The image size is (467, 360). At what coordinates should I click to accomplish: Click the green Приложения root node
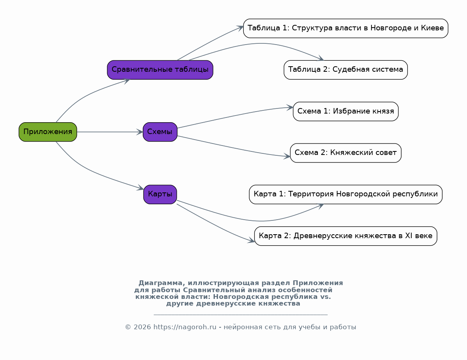click(x=48, y=132)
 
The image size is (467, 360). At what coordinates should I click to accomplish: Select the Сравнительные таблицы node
click(x=160, y=70)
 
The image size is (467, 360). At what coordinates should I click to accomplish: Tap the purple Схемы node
click(x=160, y=132)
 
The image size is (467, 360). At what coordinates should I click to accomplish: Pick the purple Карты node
click(x=160, y=194)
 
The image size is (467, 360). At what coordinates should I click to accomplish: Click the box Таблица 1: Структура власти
click(x=346, y=28)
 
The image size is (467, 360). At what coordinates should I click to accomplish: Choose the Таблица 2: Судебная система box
click(x=346, y=70)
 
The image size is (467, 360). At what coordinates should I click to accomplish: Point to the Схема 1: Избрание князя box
click(x=346, y=111)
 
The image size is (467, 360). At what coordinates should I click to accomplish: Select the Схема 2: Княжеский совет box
click(x=346, y=153)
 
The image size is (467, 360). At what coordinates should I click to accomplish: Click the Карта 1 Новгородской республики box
click(x=346, y=194)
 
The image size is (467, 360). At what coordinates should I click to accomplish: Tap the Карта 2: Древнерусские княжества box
click(x=346, y=236)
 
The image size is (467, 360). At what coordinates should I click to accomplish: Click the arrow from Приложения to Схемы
click(x=110, y=132)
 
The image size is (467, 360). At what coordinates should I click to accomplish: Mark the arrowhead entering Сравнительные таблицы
click(x=127, y=80)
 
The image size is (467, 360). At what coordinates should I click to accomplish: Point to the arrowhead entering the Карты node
click(x=140, y=188)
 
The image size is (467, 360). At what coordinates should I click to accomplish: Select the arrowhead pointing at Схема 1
click(x=290, y=108)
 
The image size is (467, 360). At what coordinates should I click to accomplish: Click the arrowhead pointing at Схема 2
click(x=287, y=156)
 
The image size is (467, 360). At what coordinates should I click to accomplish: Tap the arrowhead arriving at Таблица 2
click(x=320, y=58)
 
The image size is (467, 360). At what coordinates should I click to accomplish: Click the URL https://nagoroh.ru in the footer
click(x=185, y=327)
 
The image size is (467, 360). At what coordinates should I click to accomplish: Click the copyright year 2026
click(x=142, y=327)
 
